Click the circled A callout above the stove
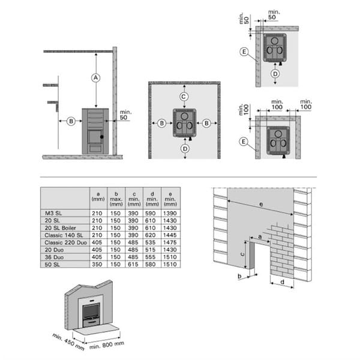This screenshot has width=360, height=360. [96, 78]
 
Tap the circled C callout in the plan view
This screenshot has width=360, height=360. [184, 97]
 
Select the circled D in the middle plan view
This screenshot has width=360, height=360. [185, 149]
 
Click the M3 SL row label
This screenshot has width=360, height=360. [53, 213]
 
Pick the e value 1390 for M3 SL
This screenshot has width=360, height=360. [170, 213]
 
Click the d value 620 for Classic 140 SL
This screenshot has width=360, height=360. [151, 235]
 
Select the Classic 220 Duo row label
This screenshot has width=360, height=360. [65, 242]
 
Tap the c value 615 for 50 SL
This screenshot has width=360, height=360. [133, 264]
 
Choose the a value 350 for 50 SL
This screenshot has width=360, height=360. [97, 264]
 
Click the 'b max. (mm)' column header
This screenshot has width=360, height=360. [116, 199]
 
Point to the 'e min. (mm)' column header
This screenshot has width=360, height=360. [170, 199]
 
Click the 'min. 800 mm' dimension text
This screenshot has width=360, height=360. [107, 345]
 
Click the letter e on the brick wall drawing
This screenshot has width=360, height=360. [261, 204]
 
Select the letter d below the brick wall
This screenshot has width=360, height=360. [283, 281]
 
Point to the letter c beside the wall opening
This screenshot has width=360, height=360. [242, 254]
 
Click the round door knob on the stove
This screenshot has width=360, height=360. [102, 137]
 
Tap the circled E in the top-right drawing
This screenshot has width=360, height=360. [244, 52]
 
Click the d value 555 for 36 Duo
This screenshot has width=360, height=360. [151, 257]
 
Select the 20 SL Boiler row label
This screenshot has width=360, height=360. [60, 228]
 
